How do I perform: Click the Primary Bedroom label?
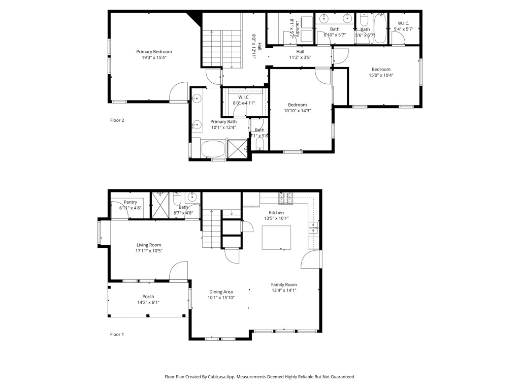(x=154, y=52)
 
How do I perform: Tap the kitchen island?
(x=276, y=238)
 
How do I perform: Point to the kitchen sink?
(x=313, y=228)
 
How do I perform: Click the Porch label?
(x=148, y=297)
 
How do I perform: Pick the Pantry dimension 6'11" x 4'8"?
(x=131, y=208)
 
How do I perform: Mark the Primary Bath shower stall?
(x=237, y=149)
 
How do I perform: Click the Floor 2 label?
(x=117, y=120)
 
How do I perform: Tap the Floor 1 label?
(x=117, y=334)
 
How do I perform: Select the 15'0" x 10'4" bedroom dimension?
(x=381, y=75)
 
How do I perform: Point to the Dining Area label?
(x=221, y=291)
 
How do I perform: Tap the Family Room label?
(x=284, y=284)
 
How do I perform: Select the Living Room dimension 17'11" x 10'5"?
(x=149, y=251)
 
